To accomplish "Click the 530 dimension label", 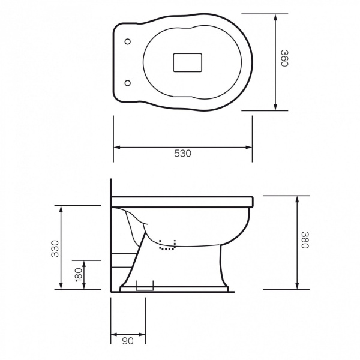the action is click(182, 153).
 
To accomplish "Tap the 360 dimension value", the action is click(284, 58).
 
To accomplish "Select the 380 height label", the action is click(305, 240).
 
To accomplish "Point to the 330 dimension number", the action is click(55, 248).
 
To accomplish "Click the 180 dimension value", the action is click(78, 274).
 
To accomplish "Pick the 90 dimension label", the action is click(128, 341).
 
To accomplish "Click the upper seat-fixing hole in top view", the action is click(128, 42).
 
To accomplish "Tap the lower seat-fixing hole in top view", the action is click(128, 83).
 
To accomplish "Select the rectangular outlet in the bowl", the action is click(188, 62).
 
